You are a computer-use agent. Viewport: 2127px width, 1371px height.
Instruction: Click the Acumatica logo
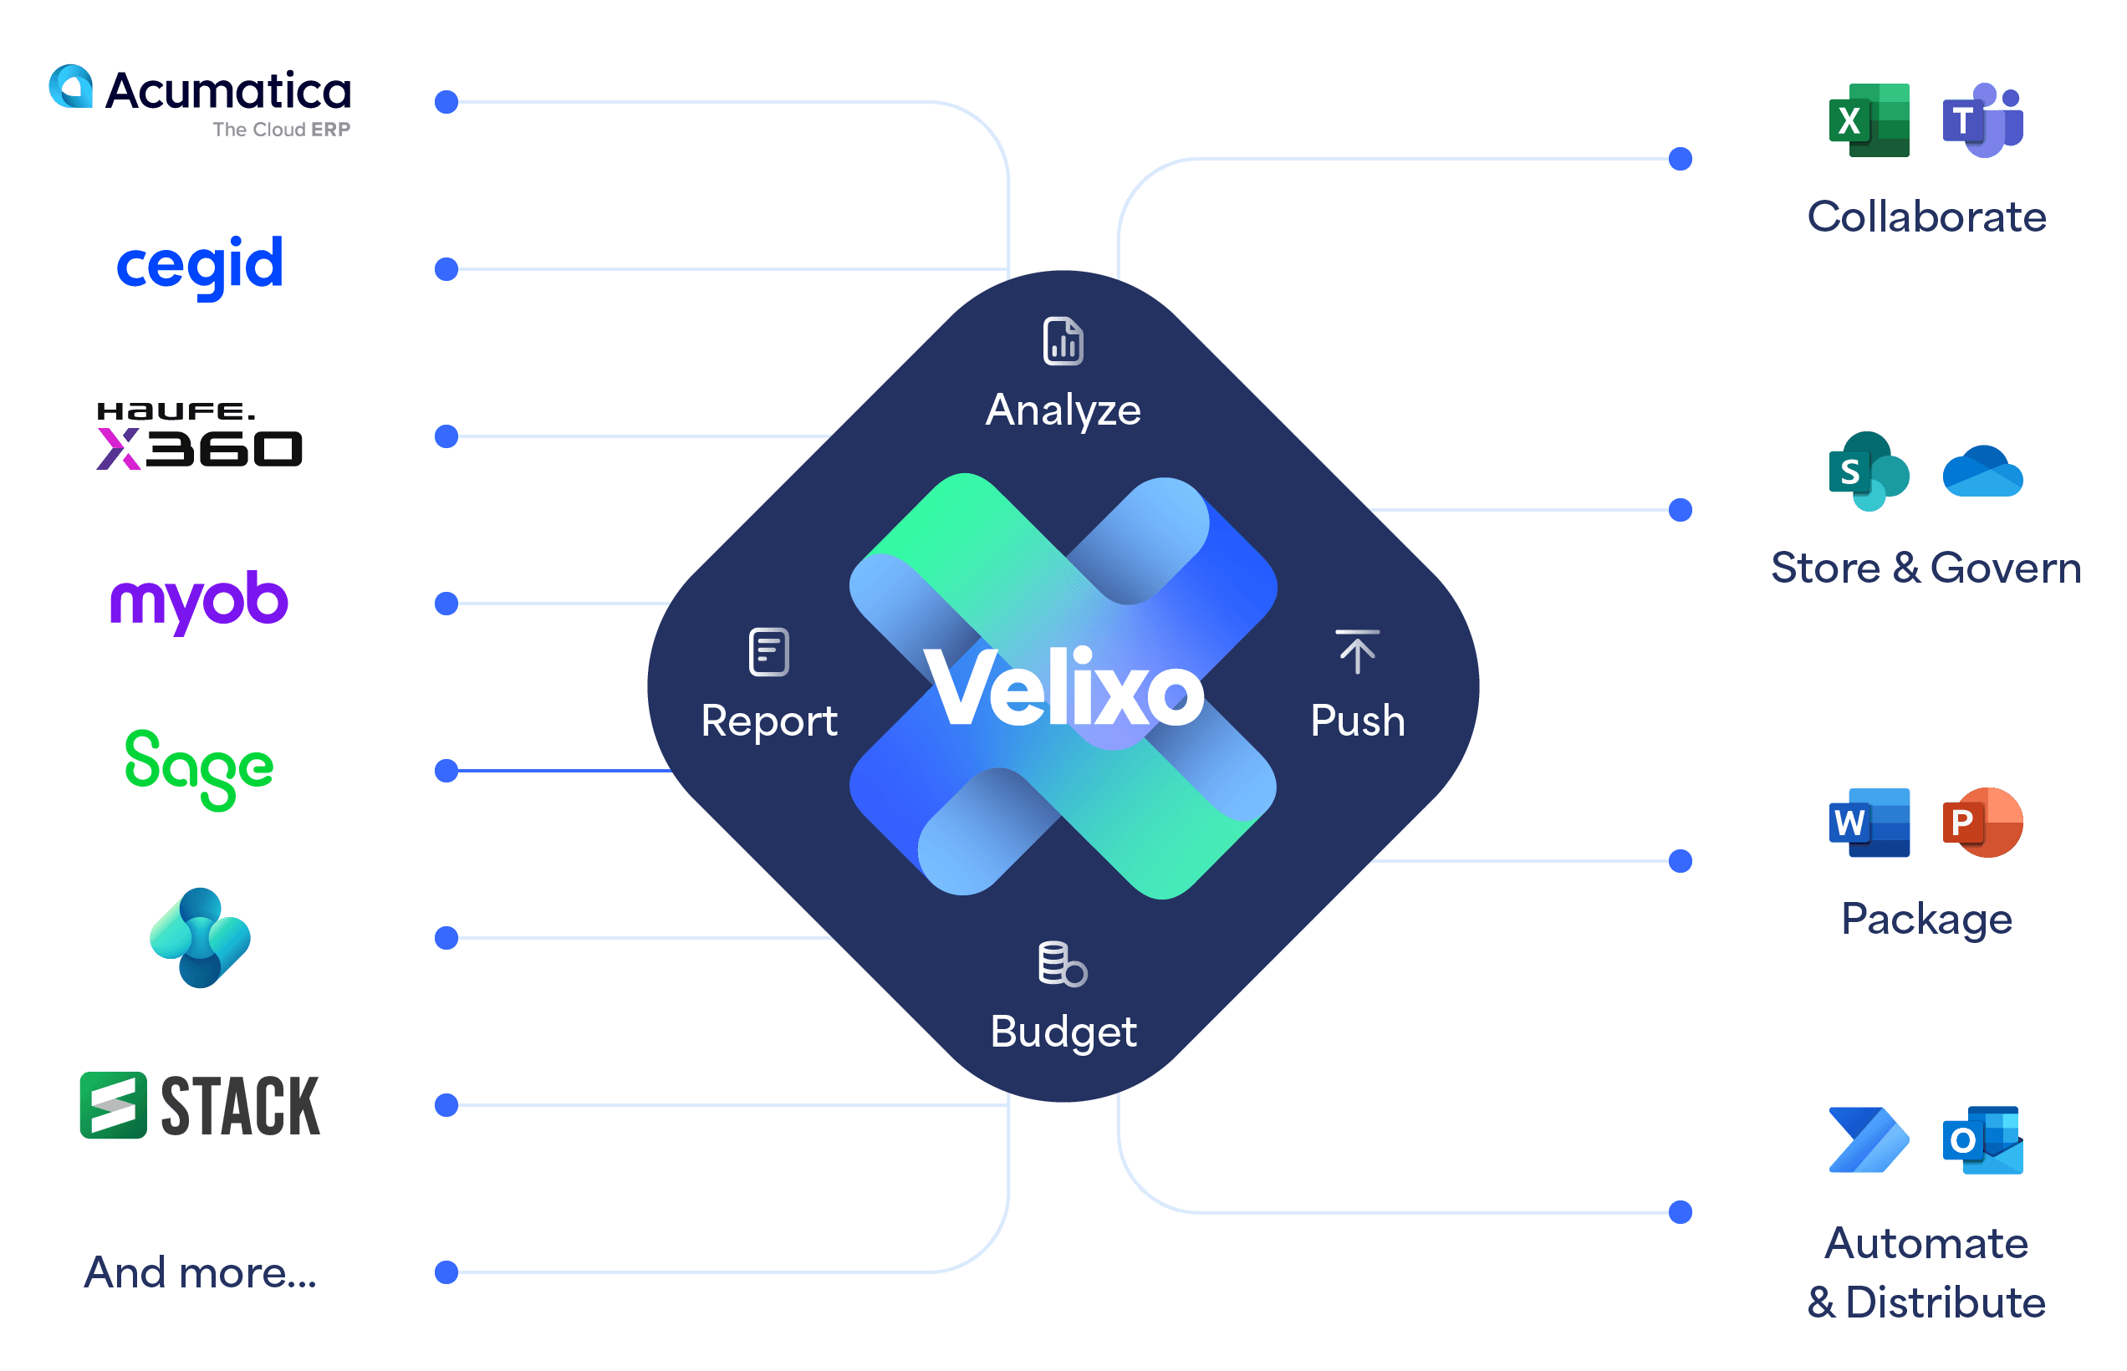tap(200, 99)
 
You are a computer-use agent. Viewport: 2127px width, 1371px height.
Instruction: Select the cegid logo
tap(200, 265)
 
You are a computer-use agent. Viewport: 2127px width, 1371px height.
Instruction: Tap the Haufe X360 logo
tap(200, 436)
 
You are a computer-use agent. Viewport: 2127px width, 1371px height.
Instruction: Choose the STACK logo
tap(200, 1106)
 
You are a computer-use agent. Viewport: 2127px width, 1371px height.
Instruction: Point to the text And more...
tap(201, 1272)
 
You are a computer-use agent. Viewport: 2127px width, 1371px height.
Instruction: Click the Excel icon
tap(1869, 120)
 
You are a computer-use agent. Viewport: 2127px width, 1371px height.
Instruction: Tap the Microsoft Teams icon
tap(1982, 120)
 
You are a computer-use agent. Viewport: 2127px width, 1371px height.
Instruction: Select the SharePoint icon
tap(1869, 471)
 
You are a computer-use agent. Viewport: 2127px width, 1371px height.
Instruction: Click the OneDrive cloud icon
tap(1982, 471)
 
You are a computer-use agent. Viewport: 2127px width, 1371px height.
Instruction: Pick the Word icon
tap(1869, 823)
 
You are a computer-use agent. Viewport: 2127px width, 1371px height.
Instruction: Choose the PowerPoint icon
tap(1982, 823)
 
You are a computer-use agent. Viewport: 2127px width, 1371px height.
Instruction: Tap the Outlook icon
tap(1982, 1140)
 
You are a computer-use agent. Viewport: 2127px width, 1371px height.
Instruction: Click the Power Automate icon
tap(1869, 1140)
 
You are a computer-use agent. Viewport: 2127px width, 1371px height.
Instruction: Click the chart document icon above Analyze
tap(1063, 341)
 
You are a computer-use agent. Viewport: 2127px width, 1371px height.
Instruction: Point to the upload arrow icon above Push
tap(1357, 653)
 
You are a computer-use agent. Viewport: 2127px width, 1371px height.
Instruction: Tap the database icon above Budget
tap(1062, 963)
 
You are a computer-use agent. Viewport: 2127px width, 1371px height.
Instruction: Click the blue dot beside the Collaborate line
tap(1680, 160)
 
